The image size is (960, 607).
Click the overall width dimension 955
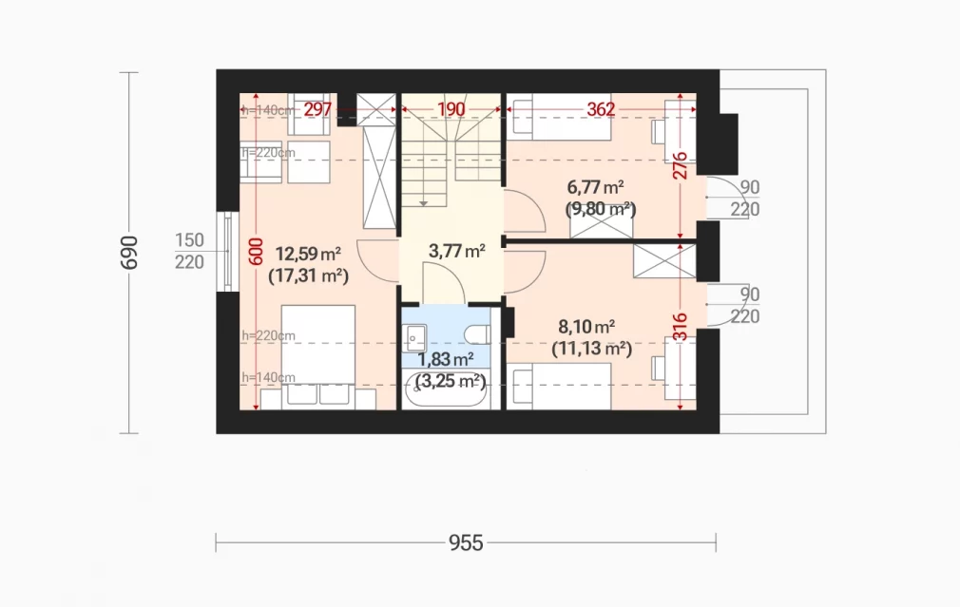[x=466, y=542]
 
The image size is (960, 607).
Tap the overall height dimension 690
[x=129, y=252]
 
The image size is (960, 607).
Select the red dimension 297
[x=317, y=109]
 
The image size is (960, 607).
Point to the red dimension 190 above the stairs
[x=451, y=109]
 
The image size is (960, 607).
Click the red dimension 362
[x=601, y=109]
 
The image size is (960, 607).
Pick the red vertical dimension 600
[x=256, y=252]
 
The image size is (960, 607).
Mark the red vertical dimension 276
[x=681, y=166]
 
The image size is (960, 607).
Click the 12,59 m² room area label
[x=308, y=254]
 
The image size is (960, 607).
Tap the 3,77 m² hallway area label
[x=457, y=251]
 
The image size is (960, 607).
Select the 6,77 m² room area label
[x=595, y=186]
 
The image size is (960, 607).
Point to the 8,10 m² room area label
[x=586, y=326]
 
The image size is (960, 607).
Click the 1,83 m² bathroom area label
[x=445, y=359]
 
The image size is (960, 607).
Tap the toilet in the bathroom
[x=477, y=334]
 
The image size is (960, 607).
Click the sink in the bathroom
[x=415, y=337]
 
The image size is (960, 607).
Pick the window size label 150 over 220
[x=189, y=251]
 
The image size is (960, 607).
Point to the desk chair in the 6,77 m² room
[x=658, y=131]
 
